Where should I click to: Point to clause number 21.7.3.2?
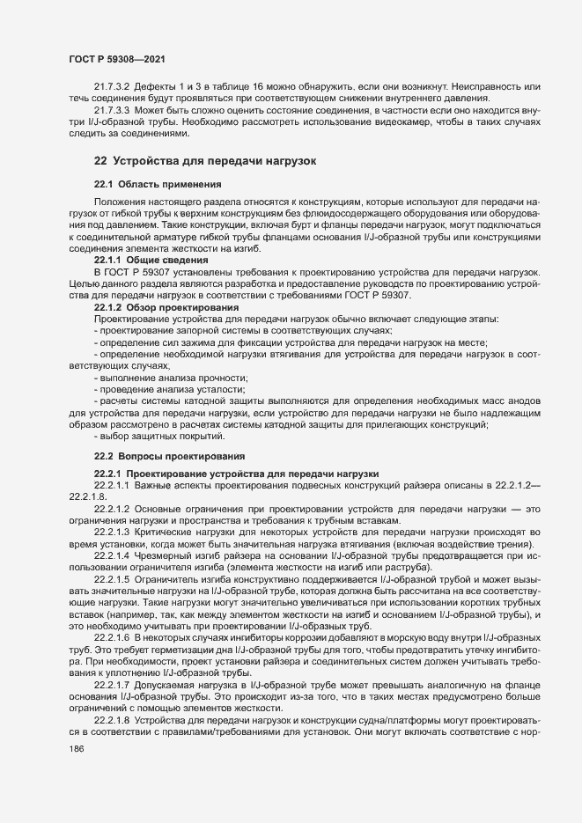tap(112, 87)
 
